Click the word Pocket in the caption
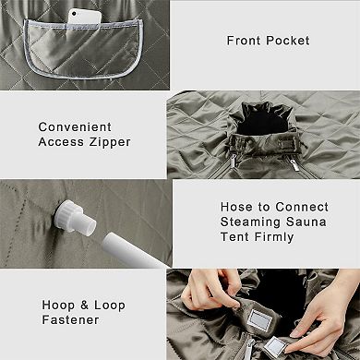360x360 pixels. pos(286,41)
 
